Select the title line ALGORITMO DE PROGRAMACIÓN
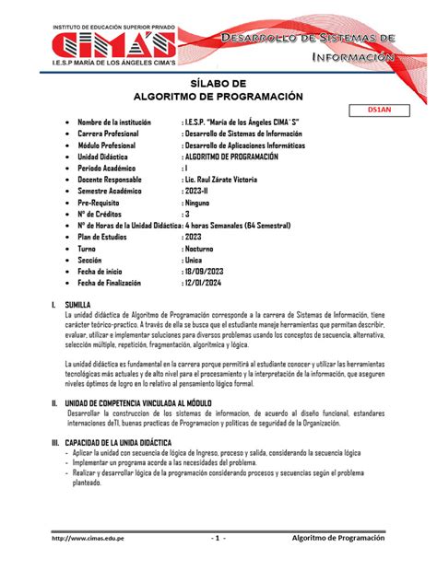coord(218,96)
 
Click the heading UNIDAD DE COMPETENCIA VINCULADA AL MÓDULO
coord(157,402)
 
